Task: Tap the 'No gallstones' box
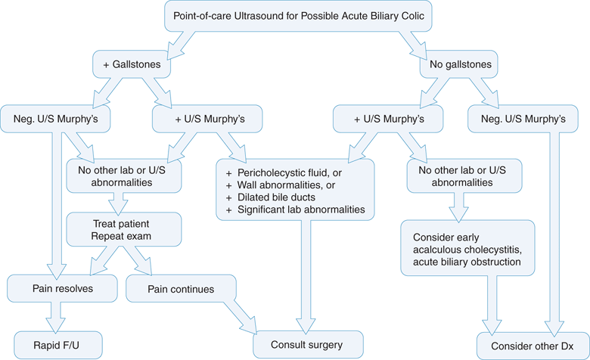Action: click(x=455, y=65)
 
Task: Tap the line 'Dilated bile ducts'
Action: click(x=274, y=196)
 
